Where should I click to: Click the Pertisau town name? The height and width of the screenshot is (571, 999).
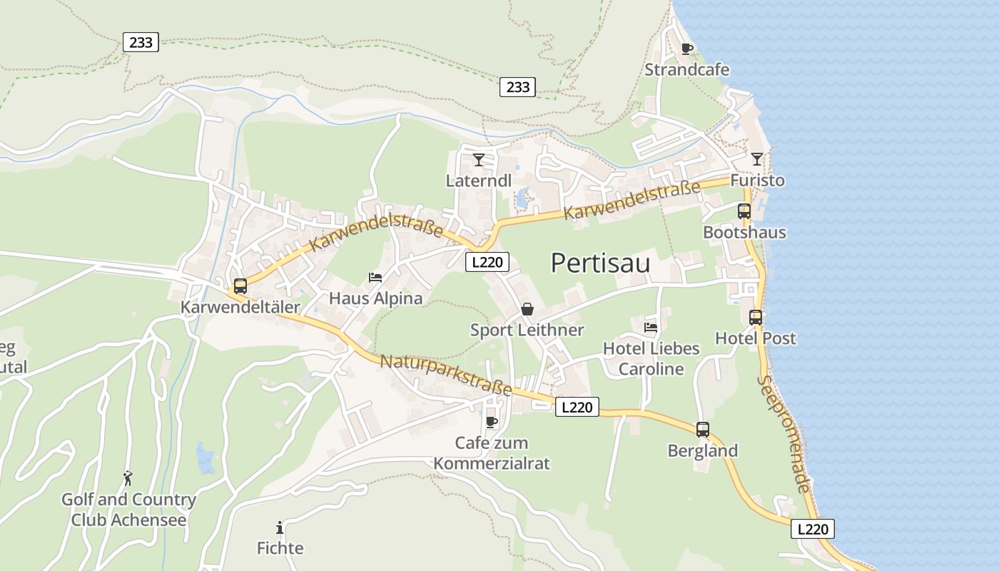coord(600,263)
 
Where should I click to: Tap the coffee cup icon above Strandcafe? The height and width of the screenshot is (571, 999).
coord(686,49)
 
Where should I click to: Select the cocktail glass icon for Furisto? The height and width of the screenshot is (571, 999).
coord(756,158)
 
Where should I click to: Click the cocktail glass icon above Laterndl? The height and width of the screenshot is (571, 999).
coord(478,159)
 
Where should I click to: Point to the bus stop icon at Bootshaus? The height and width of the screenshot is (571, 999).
coord(744,211)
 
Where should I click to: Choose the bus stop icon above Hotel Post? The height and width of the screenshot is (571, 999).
coord(756,317)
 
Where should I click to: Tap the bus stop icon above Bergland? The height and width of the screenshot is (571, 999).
coord(703,429)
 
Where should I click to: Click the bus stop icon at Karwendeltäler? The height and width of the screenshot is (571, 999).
coord(240,286)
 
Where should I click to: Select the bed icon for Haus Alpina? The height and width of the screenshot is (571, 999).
coord(375,277)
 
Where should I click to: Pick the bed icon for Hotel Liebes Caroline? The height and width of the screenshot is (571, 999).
coord(651,327)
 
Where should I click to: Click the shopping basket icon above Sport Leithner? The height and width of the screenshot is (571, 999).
coord(527,308)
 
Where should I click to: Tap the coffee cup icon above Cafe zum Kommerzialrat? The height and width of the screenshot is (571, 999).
coord(492,422)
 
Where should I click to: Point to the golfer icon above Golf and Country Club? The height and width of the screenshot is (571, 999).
coord(128,478)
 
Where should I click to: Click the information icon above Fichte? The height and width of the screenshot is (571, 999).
coord(280,527)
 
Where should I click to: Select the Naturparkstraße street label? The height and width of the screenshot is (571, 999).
coord(446,375)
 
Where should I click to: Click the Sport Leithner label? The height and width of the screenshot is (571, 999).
coord(527,330)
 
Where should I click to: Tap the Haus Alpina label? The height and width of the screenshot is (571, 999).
coord(375,298)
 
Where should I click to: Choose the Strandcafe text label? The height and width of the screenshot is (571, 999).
coord(686,69)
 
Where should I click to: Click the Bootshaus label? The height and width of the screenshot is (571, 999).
coord(744,232)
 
